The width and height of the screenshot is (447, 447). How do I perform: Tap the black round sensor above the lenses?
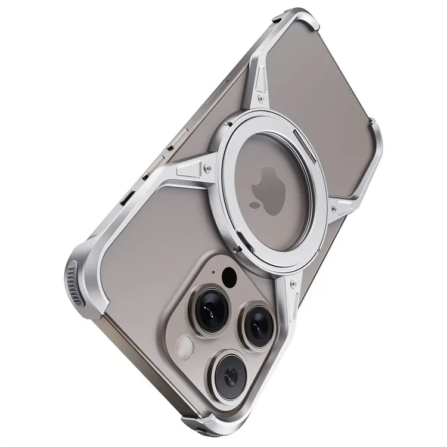coord(228,275)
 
